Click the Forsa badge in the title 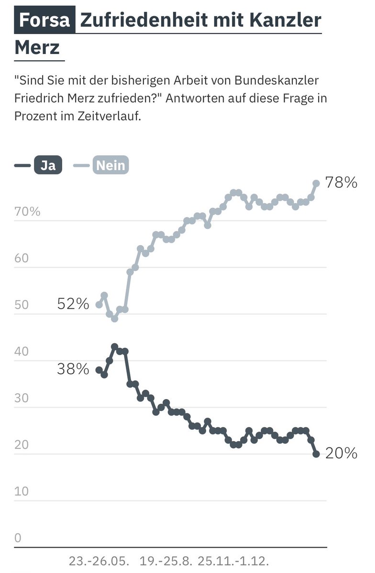[x=45, y=20]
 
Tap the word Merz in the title [x=37, y=48]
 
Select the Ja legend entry [x=47, y=165]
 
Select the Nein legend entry [x=110, y=165]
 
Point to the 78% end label [x=341, y=183]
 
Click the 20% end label [x=341, y=454]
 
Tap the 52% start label [x=73, y=304]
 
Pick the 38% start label [x=73, y=369]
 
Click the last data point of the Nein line [x=316, y=183]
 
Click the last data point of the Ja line [x=316, y=454]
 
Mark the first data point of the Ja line [x=99, y=370]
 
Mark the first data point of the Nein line [x=99, y=304]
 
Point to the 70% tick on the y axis [x=28, y=212]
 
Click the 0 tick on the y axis [x=18, y=538]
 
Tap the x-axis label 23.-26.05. [x=99, y=561]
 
